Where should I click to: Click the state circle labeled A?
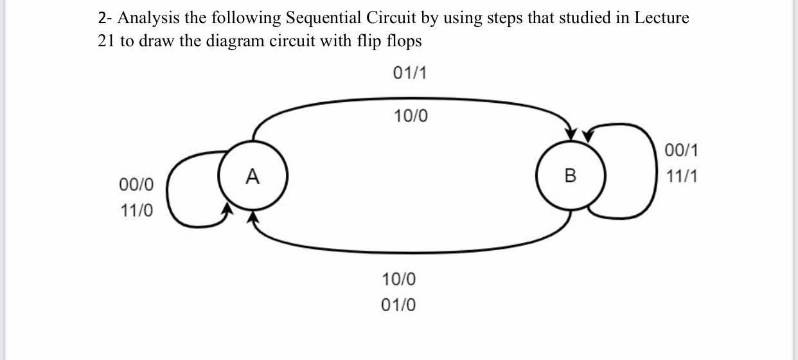pos(253,175)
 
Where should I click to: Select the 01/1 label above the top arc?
pos(409,73)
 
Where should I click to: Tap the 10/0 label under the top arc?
pos(409,116)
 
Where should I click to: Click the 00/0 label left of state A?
pos(136,185)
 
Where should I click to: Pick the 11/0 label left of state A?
pos(136,210)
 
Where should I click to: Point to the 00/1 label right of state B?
pos(682,151)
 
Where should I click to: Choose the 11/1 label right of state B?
pos(682,176)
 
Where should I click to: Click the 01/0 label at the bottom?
pos(398,305)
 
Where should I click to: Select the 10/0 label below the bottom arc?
pos(398,280)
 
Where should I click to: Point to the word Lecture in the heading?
pos(662,18)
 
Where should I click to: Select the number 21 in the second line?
pos(106,41)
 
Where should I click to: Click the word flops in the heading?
pos(404,41)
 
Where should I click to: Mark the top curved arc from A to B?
pos(411,99)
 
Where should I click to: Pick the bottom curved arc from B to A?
pos(411,251)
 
